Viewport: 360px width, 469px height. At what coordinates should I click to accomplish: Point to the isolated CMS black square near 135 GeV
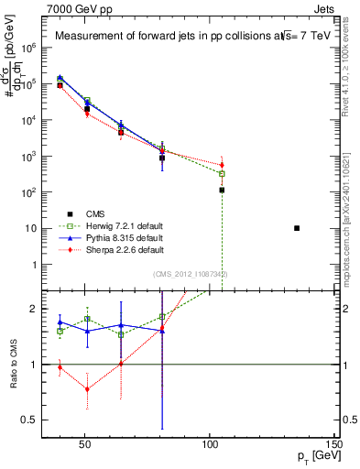(297, 228)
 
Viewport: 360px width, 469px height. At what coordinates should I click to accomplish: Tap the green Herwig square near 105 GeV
(222, 173)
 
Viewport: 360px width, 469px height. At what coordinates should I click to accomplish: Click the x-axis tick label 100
(210, 444)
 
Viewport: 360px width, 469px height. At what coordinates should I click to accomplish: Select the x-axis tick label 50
(83, 444)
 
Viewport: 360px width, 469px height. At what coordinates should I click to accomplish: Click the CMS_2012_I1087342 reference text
(190, 274)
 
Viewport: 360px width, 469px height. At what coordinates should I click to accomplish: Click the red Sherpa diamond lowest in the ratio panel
(87, 389)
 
